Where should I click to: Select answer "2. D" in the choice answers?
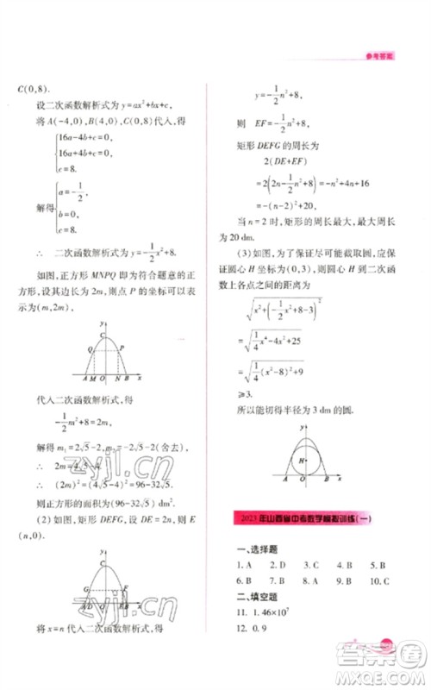pyautogui.click(x=279, y=566)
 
